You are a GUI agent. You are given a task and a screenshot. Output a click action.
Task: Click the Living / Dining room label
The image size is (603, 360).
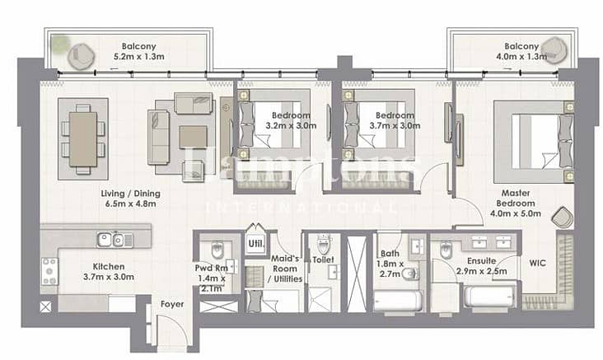(130, 194)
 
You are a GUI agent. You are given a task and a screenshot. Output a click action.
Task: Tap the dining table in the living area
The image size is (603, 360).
(83, 139)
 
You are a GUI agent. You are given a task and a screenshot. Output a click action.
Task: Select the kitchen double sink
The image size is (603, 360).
(115, 240)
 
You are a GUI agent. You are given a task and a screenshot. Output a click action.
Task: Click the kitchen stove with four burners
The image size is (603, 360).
(50, 271)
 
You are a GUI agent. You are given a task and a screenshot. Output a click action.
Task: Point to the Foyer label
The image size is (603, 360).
(172, 304)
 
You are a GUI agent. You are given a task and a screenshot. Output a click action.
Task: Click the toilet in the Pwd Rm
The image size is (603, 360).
(217, 250)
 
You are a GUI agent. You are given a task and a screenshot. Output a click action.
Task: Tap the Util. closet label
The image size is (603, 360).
(256, 244)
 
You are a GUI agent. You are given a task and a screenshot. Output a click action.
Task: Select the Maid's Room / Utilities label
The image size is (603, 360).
(285, 269)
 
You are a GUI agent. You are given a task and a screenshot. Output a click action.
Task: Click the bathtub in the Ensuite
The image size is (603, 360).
(489, 296)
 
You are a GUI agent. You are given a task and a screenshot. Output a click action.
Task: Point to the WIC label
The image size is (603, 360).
(537, 263)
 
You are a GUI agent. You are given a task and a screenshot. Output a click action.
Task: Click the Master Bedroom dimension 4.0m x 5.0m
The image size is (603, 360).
(516, 213)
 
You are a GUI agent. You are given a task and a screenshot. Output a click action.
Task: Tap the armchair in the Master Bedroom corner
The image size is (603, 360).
(563, 218)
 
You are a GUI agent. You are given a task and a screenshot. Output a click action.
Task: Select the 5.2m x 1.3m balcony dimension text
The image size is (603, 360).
(139, 57)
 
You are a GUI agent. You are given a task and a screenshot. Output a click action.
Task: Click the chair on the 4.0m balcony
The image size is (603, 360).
(554, 49)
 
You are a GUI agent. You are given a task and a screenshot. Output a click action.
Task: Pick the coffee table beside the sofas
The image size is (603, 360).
(194, 138)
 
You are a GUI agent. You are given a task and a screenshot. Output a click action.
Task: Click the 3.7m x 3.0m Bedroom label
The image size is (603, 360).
(395, 120)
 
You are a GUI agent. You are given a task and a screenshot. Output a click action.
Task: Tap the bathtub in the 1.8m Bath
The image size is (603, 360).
(398, 301)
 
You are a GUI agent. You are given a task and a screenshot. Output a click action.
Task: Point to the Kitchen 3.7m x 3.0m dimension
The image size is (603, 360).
(109, 277)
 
